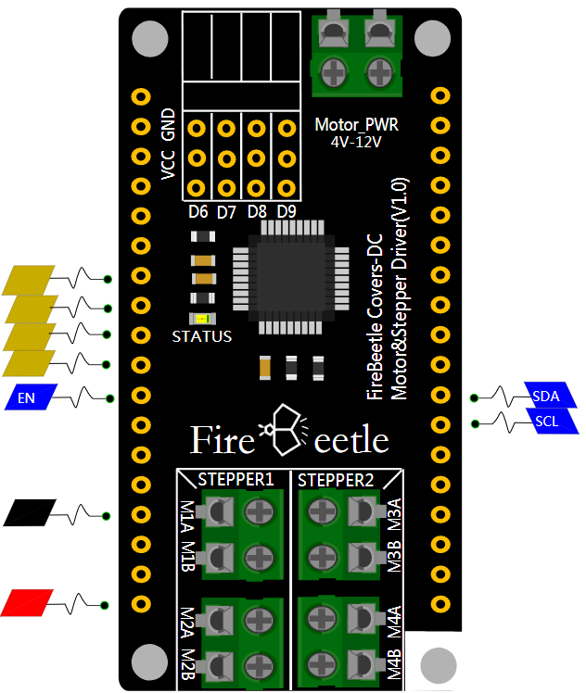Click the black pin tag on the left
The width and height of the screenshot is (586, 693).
[29, 512]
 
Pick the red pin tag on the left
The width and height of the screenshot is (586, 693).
[29, 603]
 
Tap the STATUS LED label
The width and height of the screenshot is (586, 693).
[202, 336]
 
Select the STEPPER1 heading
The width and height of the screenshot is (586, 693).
[236, 480]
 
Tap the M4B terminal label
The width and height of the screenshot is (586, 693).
[394, 666]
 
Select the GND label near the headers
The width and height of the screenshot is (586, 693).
[168, 124]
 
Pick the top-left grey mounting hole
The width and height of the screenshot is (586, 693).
[148, 40]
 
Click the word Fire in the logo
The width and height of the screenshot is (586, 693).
[223, 440]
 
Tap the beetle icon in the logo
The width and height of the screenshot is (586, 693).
[283, 428]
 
